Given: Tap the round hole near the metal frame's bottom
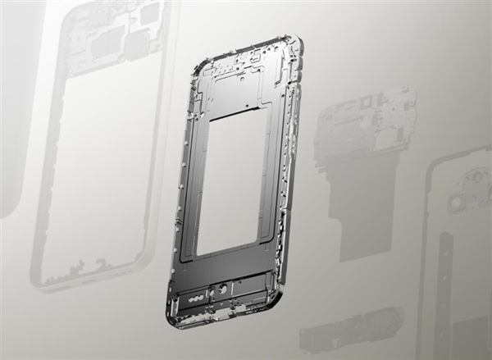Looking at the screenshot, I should pyautogui.click(x=222, y=289).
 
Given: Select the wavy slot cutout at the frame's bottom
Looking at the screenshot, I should pyautogui.click(x=198, y=300).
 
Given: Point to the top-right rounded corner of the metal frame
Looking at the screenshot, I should pyautogui.click(x=296, y=43).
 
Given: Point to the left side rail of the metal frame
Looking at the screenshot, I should pyautogui.click(x=183, y=189).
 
